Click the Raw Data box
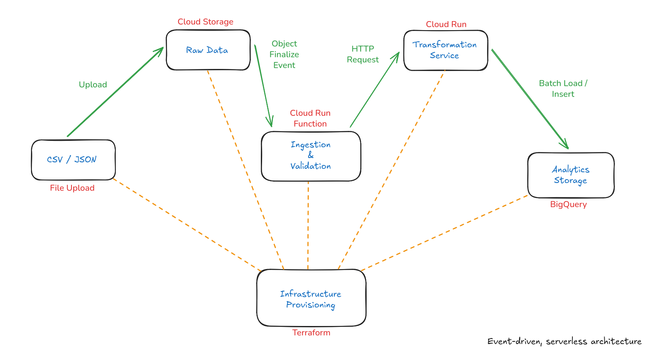coord(208,50)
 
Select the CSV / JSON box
coord(73,160)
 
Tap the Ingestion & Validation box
coord(311,156)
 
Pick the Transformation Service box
coord(445,50)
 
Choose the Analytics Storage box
coord(571,175)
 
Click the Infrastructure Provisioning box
coord(311,298)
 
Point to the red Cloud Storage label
coord(205,22)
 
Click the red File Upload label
coord(72,188)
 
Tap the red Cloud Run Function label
coord(310,118)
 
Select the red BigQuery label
coord(568,205)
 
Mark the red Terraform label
coord(311,333)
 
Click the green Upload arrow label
coord(93,85)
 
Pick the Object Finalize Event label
coord(284,55)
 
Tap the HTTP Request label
coord(363,54)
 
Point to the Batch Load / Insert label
coord(563,89)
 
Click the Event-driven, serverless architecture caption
coord(564,341)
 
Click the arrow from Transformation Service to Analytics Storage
coord(530,99)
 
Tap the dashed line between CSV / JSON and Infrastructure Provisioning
coord(187,225)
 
